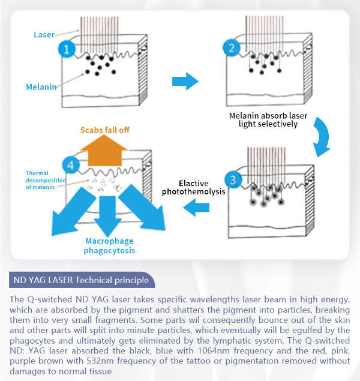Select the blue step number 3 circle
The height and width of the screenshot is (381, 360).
(232, 179)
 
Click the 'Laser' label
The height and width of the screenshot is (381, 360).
(44, 35)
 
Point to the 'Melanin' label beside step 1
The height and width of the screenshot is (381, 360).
(41, 87)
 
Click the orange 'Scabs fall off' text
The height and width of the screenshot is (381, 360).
(105, 130)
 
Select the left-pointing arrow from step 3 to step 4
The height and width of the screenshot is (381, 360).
(196, 208)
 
